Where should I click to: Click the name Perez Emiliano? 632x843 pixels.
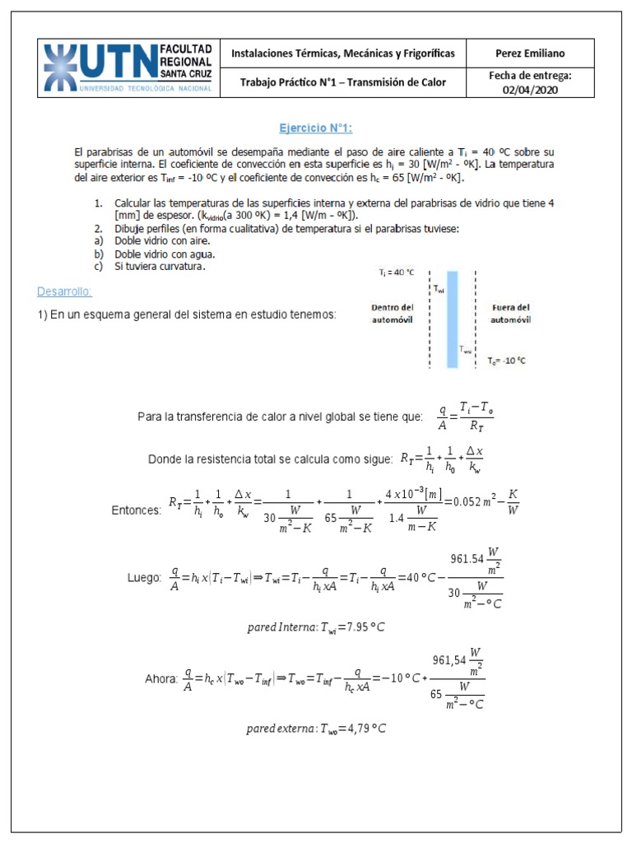pos(530,54)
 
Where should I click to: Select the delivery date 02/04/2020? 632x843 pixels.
pos(530,91)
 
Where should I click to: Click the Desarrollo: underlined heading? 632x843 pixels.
pos(65,292)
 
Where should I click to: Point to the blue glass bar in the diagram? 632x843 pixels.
pos(452,319)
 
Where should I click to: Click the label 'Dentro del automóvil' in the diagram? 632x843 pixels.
pos(392,313)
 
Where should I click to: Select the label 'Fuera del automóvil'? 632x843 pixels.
pos(510,313)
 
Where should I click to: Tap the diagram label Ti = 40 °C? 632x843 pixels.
pos(397,272)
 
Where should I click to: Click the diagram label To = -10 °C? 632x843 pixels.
pos(506,361)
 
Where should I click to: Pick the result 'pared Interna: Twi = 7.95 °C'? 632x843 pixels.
pos(316,627)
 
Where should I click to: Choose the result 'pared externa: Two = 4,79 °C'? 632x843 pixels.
pos(316,729)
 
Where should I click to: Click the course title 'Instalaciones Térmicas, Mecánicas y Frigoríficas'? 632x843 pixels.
pos(343,54)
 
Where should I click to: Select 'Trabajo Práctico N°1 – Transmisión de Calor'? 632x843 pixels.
pos(343,82)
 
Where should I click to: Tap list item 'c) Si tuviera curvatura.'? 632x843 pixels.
pos(148,266)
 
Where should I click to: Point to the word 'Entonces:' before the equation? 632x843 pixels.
pos(137,510)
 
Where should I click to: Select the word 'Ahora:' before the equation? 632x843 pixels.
pos(160,679)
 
